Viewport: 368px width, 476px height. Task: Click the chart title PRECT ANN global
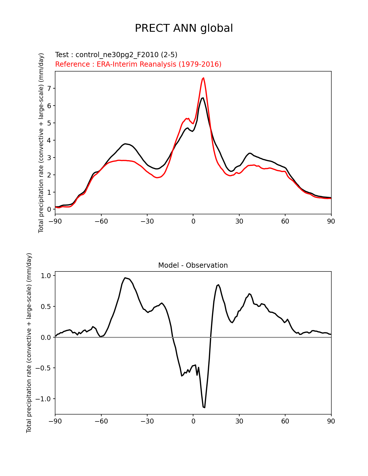[184, 28]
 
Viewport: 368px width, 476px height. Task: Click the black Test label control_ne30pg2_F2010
[116, 55]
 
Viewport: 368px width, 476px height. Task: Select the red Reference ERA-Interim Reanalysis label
[138, 64]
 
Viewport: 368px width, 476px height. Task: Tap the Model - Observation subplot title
[193, 265]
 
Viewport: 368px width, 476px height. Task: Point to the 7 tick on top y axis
[49, 89]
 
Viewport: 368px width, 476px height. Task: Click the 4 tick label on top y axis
[49, 140]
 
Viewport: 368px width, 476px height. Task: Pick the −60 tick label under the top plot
[101, 221]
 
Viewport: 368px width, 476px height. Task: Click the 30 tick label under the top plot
[239, 221]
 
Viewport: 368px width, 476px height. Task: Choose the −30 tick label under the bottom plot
[147, 421]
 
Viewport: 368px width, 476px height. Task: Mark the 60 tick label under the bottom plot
[285, 421]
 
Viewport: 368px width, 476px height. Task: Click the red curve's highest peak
[203, 78]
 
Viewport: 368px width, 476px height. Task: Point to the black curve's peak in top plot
[203, 98]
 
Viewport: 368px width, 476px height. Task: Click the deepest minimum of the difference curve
[204, 407]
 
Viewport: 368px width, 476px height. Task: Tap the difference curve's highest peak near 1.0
[125, 278]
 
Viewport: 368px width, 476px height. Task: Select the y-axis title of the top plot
[41, 143]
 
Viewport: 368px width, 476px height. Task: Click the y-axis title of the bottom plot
[29, 343]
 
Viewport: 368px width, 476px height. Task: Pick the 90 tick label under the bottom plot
[331, 421]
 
